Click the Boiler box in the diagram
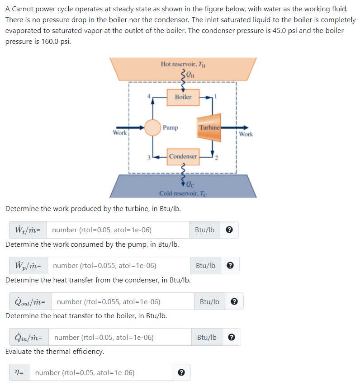[x=183, y=97]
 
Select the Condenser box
[x=183, y=156]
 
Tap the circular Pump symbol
[x=153, y=127]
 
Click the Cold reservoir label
[x=183, y=193]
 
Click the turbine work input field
[x=118, y=230]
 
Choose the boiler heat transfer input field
[x=120, y=337]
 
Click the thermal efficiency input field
[x=102, y=373]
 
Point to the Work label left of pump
[x=120, y=133]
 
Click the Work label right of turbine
[x=246, y=134]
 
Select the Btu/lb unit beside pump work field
[x=206, y=265]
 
